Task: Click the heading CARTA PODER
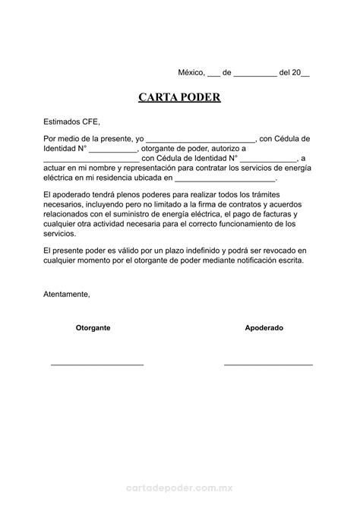(x=179, y=98)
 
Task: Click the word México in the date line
(x=191, y=73)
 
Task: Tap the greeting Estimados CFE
(x=72, y=121)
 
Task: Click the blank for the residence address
(x=226, y=180)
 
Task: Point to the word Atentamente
(x=67, y=293)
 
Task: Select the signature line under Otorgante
(x=97, y=365)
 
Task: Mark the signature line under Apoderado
(x=268, y=365)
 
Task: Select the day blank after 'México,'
(x=213, y=74)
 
